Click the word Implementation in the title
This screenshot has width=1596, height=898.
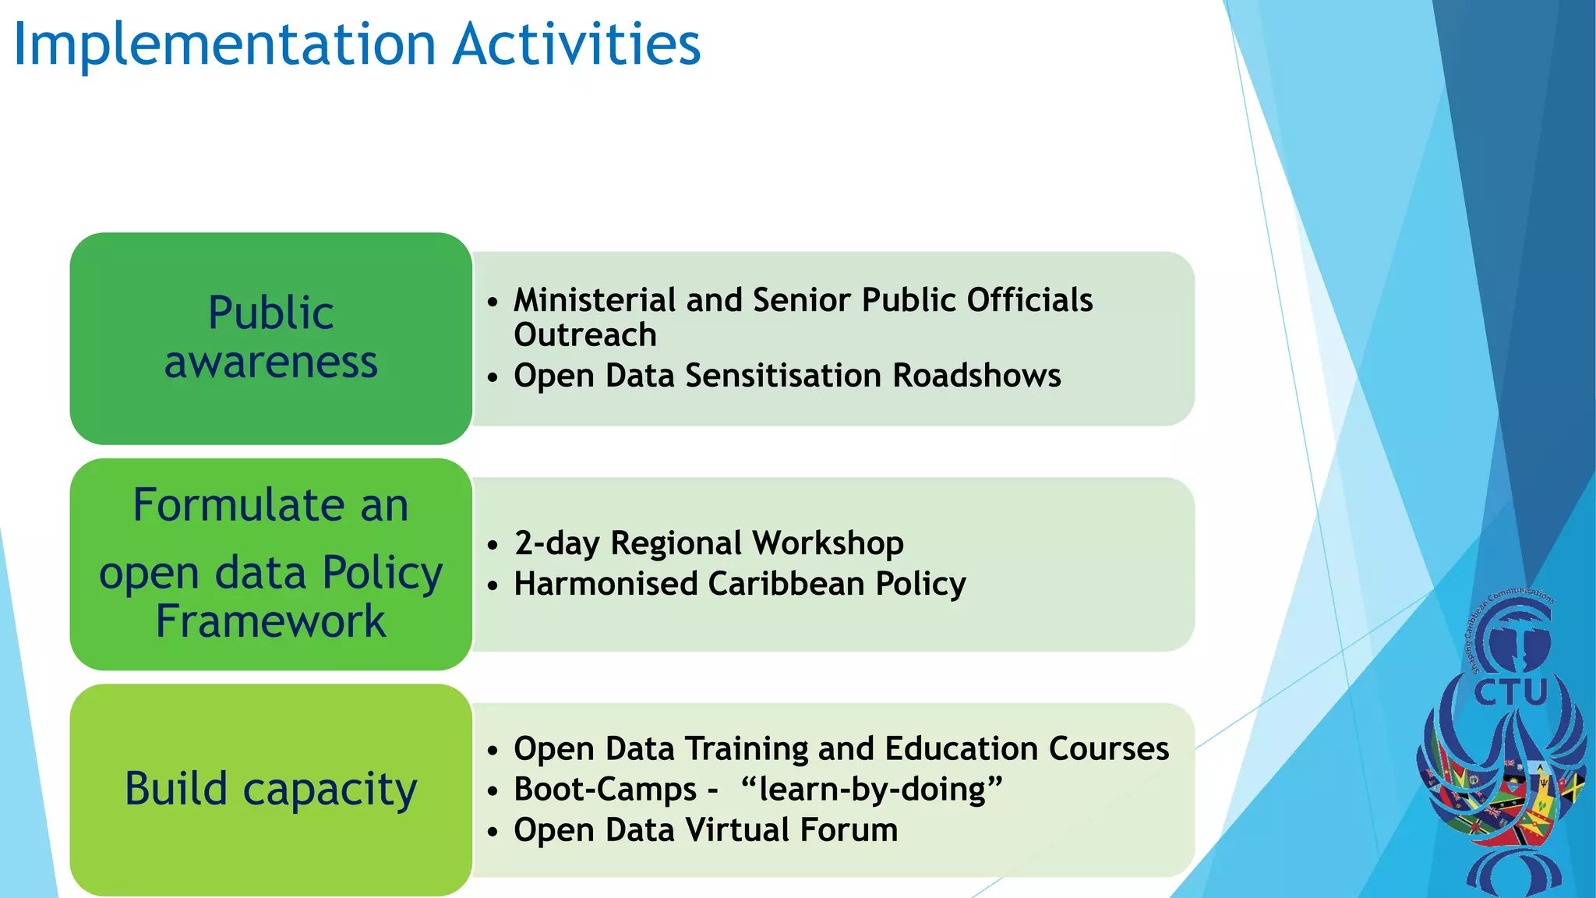point(224,45)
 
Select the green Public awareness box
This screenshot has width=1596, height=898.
point(270,338)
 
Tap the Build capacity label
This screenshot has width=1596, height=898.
point(270,789)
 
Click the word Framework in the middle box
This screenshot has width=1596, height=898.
point(270,621)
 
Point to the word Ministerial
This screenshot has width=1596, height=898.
point(595,300)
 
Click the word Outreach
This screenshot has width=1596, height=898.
point(584,335)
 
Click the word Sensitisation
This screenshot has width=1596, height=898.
point(783,376)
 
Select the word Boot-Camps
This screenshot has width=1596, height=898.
point(605,790)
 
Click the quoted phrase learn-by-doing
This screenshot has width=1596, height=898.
point(871,790)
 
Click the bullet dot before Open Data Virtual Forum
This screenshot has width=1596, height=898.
point(492,832)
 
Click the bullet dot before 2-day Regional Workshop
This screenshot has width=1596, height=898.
point(492,545)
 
